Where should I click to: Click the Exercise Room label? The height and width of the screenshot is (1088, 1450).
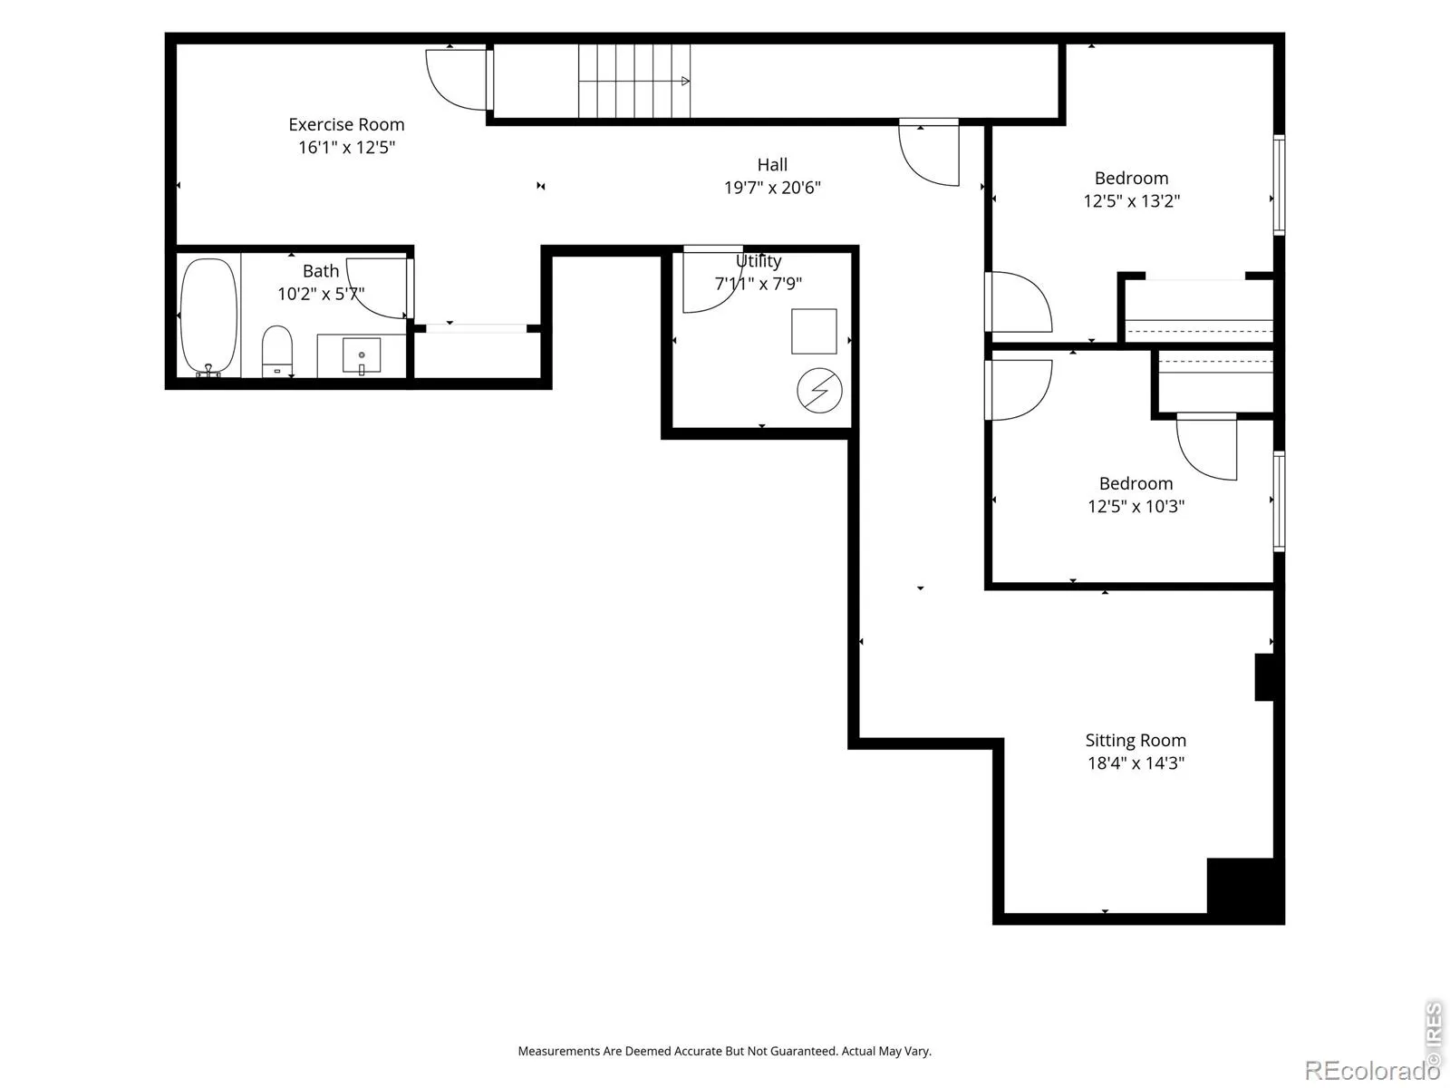346,124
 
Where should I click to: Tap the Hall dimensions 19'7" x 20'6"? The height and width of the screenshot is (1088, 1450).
771,188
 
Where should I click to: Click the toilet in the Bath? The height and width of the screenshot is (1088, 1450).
276,350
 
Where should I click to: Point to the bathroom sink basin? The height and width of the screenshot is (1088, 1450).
362,355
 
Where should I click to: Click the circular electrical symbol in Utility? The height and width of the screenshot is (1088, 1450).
819,391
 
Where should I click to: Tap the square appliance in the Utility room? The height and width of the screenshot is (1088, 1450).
814,331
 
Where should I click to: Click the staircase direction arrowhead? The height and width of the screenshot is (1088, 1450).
686,82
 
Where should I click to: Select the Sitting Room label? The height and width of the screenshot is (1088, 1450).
1136,740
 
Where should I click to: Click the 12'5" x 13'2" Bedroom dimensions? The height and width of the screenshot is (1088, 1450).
1132,200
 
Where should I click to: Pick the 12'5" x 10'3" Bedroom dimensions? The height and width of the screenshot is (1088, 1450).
1136,506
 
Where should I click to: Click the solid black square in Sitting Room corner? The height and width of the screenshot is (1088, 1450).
1245,887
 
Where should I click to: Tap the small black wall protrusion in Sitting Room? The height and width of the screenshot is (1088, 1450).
1263,676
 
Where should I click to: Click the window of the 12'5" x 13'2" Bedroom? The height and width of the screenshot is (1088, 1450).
1279,185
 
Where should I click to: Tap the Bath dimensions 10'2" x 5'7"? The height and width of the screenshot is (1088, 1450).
321,294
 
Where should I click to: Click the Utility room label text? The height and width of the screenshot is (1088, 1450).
759,261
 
